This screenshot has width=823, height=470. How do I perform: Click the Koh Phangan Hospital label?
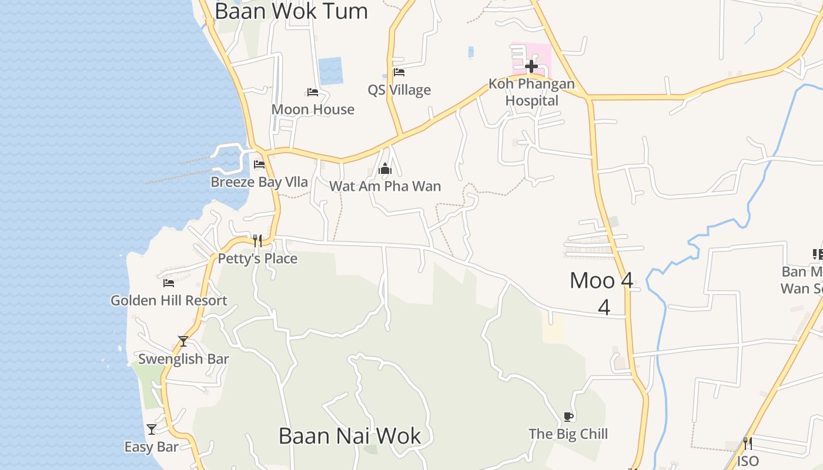pyautogui.click(x=531, y=92)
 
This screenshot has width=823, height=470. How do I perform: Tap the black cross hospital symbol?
pyautogui.click(x=531, y=66)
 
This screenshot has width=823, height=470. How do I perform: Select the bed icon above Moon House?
pyautogui.click(x=313, y=92)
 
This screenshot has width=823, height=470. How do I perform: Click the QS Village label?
pyautogui.click(x=399, y=90)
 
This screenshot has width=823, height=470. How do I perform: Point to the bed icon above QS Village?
pyautogui.click(x=399, y=73)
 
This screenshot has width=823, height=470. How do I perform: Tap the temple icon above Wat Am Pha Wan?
pyautogui.click(x=385, y=169)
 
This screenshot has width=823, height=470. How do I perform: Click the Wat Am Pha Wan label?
pyautogui.click(x=385, y=186)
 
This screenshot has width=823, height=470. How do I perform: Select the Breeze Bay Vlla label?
pyautogui.click(x=259, y=182)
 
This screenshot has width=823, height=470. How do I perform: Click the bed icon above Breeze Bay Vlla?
pyautogui.click(x=259, y=164)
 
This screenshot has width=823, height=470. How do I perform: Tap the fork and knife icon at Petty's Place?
pyautogui.click(x=257, y=241)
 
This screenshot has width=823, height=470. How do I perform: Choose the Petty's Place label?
pyautogui.click(x=257, y=258)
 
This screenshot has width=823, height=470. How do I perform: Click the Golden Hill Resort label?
pyautogui.click(x=169, y=300)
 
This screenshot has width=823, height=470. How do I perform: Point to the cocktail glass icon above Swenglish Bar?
pyautogui.click(x=183, y=341)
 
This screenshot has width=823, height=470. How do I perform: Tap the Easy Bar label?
pyautogui.click(x=151, y=447)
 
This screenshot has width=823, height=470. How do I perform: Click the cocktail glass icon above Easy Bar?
pyautogui.click(x=152, y=429)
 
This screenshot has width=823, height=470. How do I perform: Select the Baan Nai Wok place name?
pyautogui.click(x=350, y=437)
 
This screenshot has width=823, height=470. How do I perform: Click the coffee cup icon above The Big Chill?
pyautogui.click(x=568, y=417)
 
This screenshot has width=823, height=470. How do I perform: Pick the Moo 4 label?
pyautogui.click(x=601, y=281)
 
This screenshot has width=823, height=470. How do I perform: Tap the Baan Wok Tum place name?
pyautogui.click(x=291, y=11)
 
